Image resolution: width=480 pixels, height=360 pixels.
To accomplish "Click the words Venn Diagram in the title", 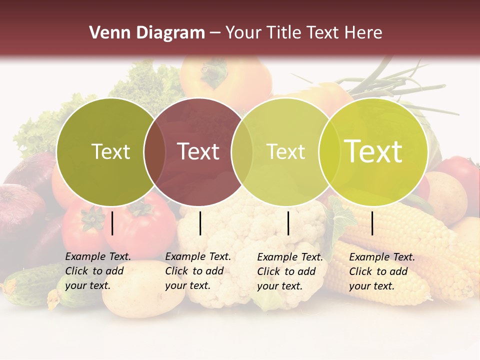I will click(147, 33).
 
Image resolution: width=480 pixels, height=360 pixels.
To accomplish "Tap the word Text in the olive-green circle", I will click(110, 151).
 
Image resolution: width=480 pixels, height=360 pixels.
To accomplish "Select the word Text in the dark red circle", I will click(198, 151).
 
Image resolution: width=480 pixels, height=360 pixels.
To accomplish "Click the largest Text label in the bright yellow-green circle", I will click(373, 151).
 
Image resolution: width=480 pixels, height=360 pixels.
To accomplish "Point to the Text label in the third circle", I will click(286, 151).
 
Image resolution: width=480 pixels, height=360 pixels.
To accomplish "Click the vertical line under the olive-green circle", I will click(112, 223).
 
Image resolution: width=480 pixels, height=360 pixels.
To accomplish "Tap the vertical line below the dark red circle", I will click(200, 223).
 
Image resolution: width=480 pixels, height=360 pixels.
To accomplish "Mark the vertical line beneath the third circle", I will click(288, 223).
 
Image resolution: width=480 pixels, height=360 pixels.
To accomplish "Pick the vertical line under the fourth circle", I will click(372, 223).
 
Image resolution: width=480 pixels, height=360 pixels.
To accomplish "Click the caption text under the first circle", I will click(97, 271).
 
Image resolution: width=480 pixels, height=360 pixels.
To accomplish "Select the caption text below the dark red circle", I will click(197, 271).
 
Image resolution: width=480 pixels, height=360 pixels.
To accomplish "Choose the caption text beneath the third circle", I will click(289, 271).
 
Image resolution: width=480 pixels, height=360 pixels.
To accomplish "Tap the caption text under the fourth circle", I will click(381, 271).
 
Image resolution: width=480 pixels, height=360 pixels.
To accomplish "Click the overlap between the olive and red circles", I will click(154, 151).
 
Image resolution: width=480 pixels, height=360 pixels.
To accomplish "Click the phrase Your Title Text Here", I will click(303, 33).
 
